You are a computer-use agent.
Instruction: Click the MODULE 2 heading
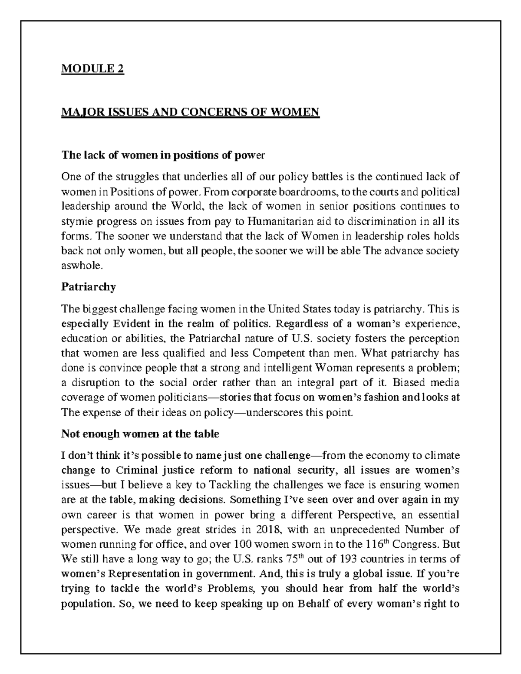coord(93,69)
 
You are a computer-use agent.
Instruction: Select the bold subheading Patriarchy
coord(89,287)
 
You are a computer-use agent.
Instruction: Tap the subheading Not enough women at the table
coord(140,434)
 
